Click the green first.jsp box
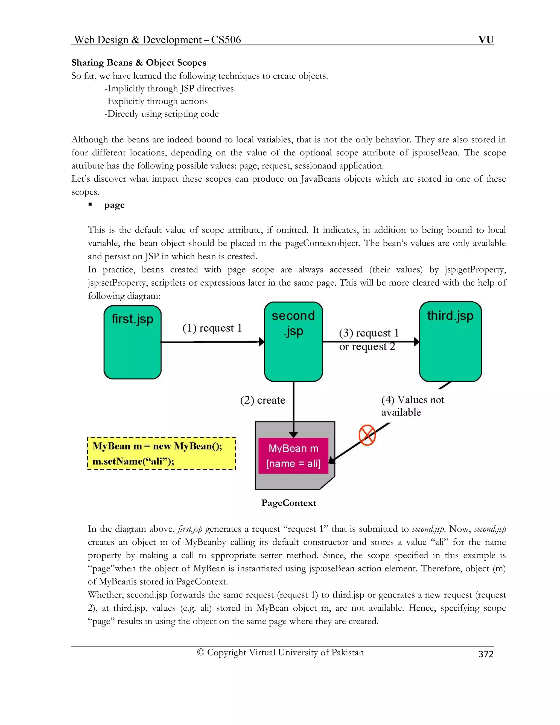point(132,342)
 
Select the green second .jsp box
point(293,342)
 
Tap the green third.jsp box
point(450,342)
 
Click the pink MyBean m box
point(293,456)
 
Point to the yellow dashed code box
point(162,453)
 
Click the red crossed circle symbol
point(367,435)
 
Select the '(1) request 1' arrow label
point(212,328)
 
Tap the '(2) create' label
point(262,400)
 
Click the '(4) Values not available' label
point(412,406)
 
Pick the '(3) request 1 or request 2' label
point(368,340)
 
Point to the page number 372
point(486,654)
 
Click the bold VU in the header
point(486,40)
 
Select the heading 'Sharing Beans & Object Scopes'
point(139,63)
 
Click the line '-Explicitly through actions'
point(156,101)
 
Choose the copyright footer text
point(280,652)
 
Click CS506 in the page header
point(226,40)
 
